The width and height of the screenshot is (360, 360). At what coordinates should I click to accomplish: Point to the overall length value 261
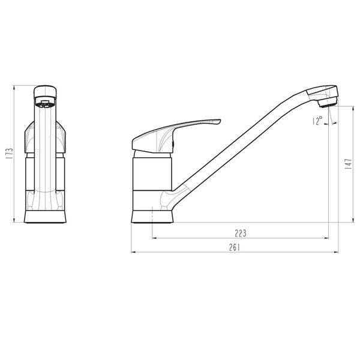235,247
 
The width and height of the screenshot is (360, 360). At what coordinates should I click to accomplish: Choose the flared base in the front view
45,216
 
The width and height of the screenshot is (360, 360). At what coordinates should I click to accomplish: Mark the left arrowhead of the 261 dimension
133,253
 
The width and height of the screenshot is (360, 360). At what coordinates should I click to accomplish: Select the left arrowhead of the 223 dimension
155,238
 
